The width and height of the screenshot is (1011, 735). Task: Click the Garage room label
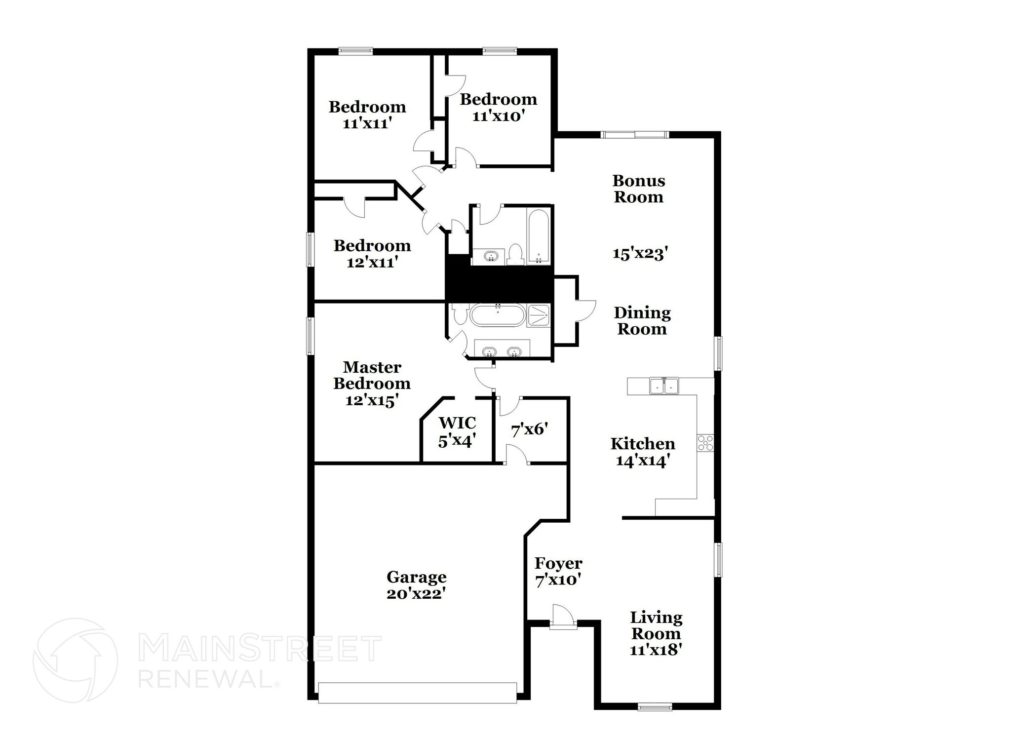(416, 577)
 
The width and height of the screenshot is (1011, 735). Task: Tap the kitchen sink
(664, 386)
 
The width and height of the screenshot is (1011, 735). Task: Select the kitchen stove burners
(704, 442)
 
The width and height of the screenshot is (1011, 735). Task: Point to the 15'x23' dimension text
(640, 253)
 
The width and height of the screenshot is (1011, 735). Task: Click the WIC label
(457, 423)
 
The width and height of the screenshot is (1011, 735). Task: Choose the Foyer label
(558, 563)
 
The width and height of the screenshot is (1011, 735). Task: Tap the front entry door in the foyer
(563, 617)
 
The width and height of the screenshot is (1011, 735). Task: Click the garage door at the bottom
(417, 693)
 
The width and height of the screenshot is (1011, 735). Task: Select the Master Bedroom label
(372, 375)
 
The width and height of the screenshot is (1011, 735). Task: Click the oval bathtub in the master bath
(496, 315)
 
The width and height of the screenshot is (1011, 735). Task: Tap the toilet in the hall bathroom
(515, 254)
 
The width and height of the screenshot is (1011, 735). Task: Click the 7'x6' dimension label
(530, 429)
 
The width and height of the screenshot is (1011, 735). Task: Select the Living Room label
(656, 625)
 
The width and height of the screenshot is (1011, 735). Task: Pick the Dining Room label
(642, 320)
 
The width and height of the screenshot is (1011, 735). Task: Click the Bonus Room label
(639, 189)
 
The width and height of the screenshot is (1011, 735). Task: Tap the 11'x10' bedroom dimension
(498, 116)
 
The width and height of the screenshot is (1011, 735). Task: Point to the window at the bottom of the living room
(655, 706)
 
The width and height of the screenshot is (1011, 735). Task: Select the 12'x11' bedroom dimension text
(372, 262)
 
